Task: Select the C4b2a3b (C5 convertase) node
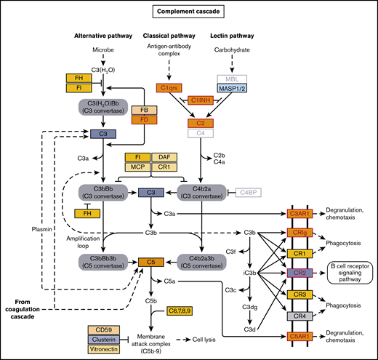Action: point(201,261)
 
